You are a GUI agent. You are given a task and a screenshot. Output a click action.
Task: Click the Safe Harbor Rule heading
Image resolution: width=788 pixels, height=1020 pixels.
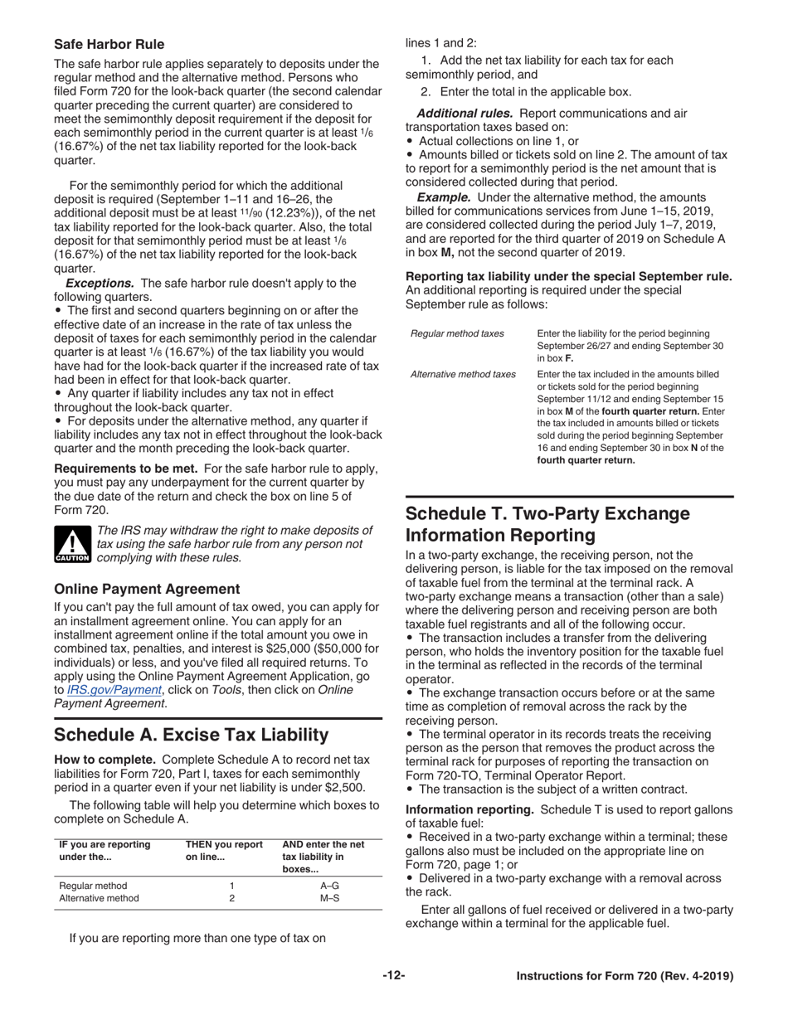tap(109, 44)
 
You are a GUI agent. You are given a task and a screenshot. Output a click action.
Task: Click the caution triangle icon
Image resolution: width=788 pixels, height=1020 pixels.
tap(72, 544)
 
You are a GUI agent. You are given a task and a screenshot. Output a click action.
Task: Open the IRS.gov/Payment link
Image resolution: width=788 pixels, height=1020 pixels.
tap(116, 689)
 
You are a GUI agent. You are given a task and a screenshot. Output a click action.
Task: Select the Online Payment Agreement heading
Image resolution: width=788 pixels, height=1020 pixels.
tap(147, 589)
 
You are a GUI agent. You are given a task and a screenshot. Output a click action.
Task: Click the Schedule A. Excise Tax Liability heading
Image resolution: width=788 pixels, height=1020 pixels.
tap(192, 735)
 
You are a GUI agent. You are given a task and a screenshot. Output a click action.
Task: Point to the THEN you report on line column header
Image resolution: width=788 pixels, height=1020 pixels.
tap(224, 851)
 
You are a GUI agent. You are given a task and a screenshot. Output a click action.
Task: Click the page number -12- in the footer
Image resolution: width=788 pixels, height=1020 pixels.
tap(394, 976)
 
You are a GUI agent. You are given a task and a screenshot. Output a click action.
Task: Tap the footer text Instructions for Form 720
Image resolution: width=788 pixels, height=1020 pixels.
tap(625, 976)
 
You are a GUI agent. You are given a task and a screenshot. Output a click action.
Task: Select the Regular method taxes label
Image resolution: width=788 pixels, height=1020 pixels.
tap(457, 333)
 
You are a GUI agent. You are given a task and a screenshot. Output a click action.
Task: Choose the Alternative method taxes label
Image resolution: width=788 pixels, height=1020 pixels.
tap(463, 374)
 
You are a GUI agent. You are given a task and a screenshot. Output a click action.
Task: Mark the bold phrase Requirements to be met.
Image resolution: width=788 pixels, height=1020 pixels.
tap(127, 469)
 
